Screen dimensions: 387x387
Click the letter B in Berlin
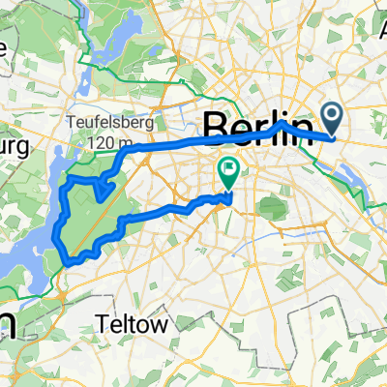pyautogui.click(x=215, y=127)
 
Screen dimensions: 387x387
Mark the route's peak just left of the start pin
pyautogui.click(x=282, y=122)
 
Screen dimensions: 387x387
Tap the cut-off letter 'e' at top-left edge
pyautogui.click(x=5, y=45)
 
